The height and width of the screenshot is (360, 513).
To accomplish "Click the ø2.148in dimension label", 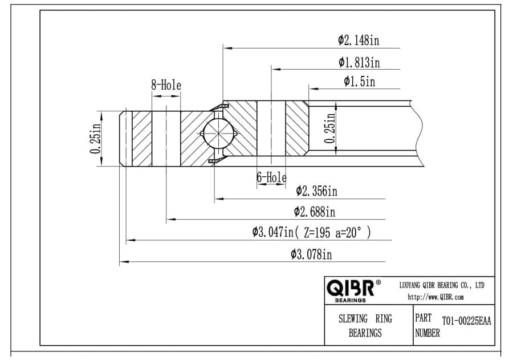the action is (359, 41).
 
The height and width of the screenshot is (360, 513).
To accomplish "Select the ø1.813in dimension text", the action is (359, 62).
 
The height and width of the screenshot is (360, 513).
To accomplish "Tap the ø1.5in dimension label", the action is (359, 81).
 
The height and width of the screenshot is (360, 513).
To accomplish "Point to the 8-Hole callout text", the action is (166, 85).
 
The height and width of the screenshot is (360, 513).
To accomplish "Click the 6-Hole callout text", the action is (271, 177).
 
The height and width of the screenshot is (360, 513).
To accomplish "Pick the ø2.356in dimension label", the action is (316, 191).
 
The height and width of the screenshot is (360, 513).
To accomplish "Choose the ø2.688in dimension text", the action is (315, 212).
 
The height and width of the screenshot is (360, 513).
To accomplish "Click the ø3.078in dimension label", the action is (311, 254).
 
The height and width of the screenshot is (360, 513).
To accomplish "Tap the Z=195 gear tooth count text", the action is (317, 233).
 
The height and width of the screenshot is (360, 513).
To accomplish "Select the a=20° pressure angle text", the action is (349, 232).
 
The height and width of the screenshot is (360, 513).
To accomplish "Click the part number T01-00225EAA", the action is (466, 321).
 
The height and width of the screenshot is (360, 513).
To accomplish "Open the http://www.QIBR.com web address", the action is (435, 297).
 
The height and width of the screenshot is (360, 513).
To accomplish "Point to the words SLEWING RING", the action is (365, 318).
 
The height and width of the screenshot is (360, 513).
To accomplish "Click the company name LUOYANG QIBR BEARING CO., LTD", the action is (442, 285).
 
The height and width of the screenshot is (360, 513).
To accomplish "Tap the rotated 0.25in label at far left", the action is (96, 139).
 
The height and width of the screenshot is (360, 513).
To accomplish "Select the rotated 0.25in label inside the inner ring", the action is (330, 128).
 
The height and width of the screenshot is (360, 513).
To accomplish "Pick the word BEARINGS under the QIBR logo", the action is (350, 301).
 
